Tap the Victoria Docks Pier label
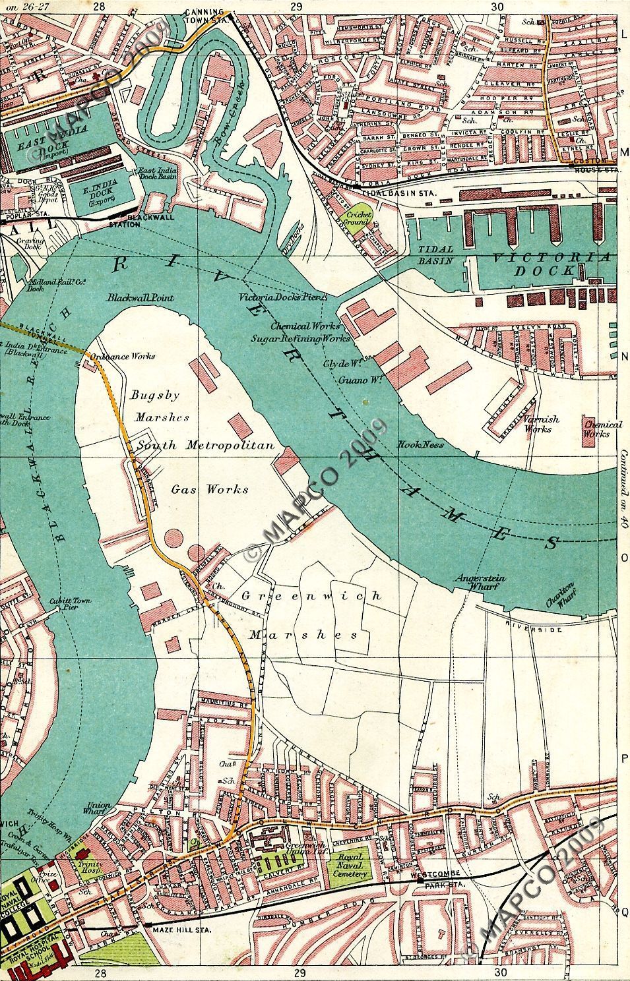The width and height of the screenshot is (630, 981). [282, 298]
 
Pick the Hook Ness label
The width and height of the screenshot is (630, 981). [420, 444]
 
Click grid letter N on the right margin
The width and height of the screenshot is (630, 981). [623, 357]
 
